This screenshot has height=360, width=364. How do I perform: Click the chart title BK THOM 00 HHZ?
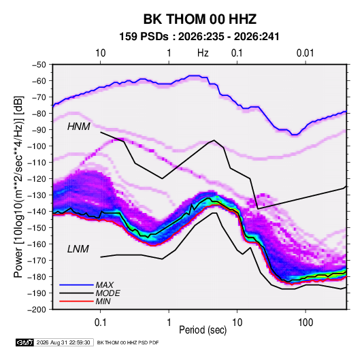click(x=200, y=19)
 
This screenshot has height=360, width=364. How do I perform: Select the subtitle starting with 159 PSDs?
click(x=199, y=37)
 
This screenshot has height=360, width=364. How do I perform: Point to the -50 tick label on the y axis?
click(x=39, y=65)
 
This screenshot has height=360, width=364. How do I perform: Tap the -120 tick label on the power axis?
click(x=37, y=179)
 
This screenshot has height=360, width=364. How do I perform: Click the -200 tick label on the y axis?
click(x=37, y=310)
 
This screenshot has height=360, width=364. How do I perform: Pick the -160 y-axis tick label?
click(x=37, y=244)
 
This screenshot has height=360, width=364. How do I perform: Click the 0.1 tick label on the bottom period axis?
click(x=100, y=323)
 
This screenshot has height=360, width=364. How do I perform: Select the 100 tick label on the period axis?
click(x=305, y=323)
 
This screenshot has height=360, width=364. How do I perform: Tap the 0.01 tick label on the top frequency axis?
click(x=305, y=53)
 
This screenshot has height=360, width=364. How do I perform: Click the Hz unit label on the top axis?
click(x=203, y=53)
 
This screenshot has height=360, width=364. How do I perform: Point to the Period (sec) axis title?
click(x=203, y=330)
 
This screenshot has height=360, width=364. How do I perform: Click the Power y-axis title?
click(x=18, y=186)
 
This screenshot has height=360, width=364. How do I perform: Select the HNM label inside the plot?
click(x=78, y=127)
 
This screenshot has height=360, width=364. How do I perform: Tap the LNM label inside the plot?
click(x=78, y=249)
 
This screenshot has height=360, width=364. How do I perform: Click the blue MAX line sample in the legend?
click(x=76, y=285)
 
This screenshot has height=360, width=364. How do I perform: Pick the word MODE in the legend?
click(x=107, y=293)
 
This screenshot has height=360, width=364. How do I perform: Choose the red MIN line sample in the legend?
click(x=76, y=301)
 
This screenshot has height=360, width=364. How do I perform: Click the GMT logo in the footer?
click(x=25, y=342)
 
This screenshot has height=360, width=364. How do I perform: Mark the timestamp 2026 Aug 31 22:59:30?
click(x=63, y=342)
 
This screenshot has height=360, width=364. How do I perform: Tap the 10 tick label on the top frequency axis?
click(x=100, y=53)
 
